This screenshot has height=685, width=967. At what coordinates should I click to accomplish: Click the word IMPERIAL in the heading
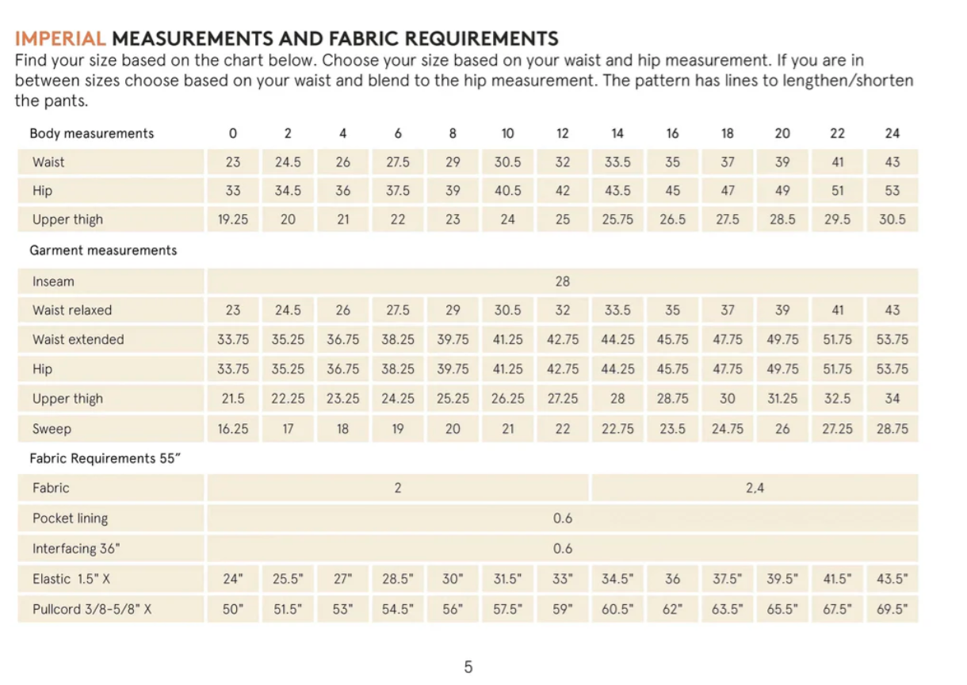pos(60,38)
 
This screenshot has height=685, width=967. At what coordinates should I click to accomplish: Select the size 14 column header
pos(617,133)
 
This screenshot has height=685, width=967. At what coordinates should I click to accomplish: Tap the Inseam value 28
pos(563,281)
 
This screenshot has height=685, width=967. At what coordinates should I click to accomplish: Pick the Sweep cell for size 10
pos(508,429)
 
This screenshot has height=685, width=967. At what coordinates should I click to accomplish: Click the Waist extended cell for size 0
pos(233,339)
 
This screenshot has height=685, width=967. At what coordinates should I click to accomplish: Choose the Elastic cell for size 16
pos(672,579)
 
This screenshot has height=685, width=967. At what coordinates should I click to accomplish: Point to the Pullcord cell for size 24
pos(892,610)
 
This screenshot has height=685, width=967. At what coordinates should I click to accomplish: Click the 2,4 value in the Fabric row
pos(755,488)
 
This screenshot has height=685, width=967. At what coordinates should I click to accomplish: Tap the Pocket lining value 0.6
pos(563,519)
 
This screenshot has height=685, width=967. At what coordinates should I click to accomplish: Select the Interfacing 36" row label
pos(77,549)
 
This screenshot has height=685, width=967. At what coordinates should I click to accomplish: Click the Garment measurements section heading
pos(103,251)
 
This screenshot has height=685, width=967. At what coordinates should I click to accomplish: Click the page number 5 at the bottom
pos(468,667)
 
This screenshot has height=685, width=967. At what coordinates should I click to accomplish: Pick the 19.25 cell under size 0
pos(233,220)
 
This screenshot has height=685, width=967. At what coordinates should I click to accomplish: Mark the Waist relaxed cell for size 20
pos(782,310)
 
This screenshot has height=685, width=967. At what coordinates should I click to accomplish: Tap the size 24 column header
pos(892,133)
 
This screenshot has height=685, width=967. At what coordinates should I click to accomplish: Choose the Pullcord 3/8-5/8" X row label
pos(92,610)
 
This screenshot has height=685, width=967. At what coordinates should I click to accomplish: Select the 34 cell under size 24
pos(892,399)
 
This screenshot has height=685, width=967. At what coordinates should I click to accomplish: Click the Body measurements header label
pos(92,133)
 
